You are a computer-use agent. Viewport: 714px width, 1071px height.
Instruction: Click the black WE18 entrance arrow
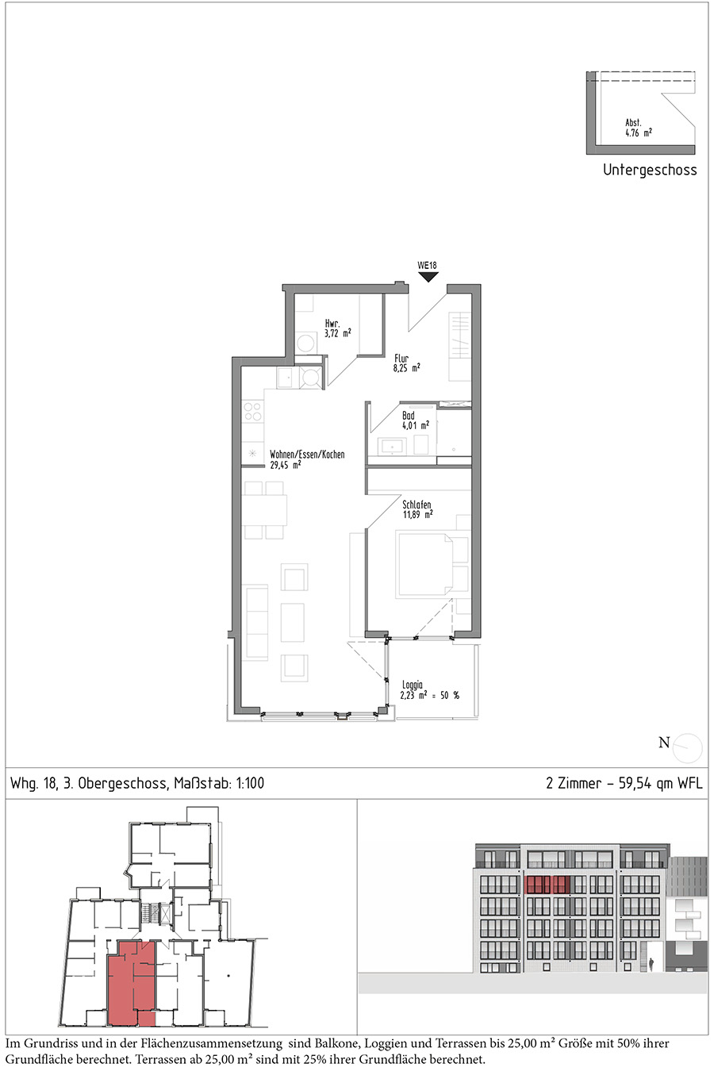click(x=428, y=277)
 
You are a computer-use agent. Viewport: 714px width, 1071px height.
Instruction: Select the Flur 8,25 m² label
click(x=407, y=363)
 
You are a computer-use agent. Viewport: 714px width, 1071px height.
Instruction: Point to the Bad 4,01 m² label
click(x=415, y=420)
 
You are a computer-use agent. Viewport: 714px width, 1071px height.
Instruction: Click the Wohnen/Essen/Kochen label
click(x=307, y=455)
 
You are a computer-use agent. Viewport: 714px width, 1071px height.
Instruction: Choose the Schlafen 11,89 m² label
click(x=417, y=509)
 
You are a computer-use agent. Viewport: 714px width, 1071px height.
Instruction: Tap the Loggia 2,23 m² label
click(x=429, y=690)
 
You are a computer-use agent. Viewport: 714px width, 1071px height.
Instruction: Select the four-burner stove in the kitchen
click(x=253, y=412)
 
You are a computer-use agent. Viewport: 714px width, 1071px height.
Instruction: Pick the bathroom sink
click(x=392, y=447)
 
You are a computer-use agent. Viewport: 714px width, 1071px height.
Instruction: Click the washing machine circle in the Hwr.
click(x=305, y=343)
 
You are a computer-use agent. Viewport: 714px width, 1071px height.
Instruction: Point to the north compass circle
click(x=687, y=748)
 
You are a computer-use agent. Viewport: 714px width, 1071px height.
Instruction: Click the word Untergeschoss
click(x=650, y=170)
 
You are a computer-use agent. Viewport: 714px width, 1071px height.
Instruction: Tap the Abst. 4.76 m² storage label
click(x=639, y=129)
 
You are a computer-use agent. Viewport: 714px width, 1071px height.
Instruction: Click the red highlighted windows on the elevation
click(x=547, y=885)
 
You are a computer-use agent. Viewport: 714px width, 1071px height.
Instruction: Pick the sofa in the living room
click(x=256, y=624)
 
